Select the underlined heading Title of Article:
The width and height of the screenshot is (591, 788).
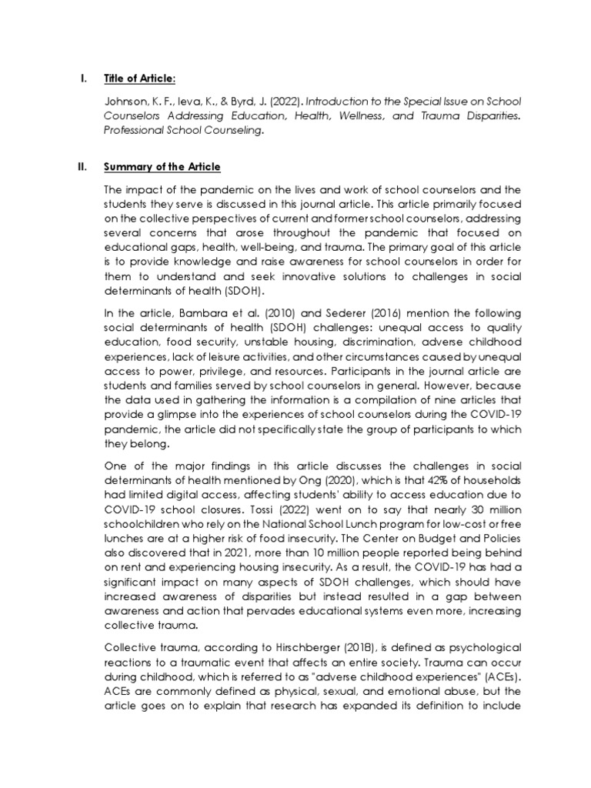tap(139, 78)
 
